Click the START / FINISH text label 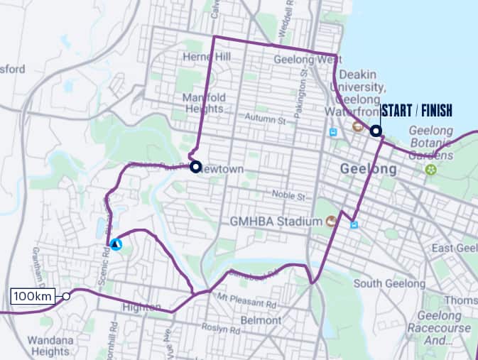pos(416,111)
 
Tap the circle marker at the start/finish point pos(375,131)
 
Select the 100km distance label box pos(33,296)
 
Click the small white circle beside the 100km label pos(66,296)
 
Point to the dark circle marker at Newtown pos(196,166)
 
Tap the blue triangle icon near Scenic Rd pos(115,244)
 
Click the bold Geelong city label pos(367,170)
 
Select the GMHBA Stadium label pos(276,222)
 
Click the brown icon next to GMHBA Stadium pos(331,222)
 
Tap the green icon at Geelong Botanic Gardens pos(430,169)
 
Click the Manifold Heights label pos(204,103)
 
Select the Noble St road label pos(290,195)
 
